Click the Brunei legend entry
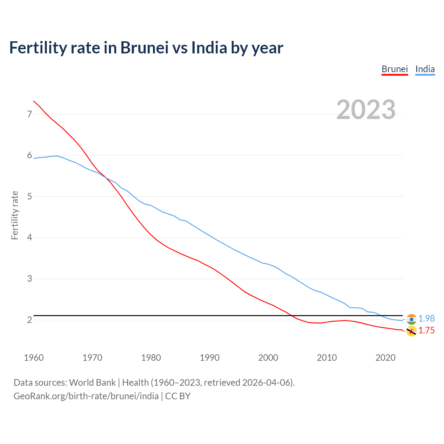pos(394,69)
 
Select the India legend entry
pos(425,69)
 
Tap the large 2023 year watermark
pos(366,110)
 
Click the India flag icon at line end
pos(411,319)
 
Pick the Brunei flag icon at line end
pos(411,331)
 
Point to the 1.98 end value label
pos(426,318)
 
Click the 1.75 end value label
pos(426,330)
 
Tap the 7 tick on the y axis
pos(29,114)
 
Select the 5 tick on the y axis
pos(29,196)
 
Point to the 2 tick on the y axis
pos(29,319)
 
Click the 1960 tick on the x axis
pos(34,358)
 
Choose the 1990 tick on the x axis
pos(210,358)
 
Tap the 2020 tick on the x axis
pos(385,358)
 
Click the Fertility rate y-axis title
pos(15,215)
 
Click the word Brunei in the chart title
pos(144,48)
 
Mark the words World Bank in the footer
pos(92,383)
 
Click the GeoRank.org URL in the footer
pos(86,396)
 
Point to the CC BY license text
pos(178,396)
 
